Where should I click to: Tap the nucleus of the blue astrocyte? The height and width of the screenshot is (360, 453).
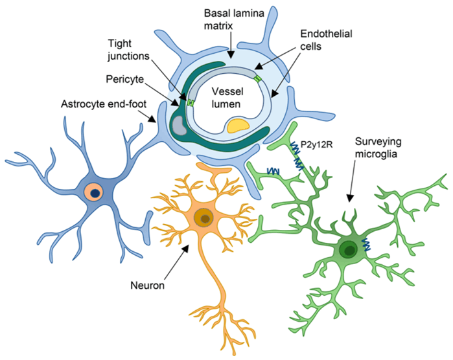click(95, 191)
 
